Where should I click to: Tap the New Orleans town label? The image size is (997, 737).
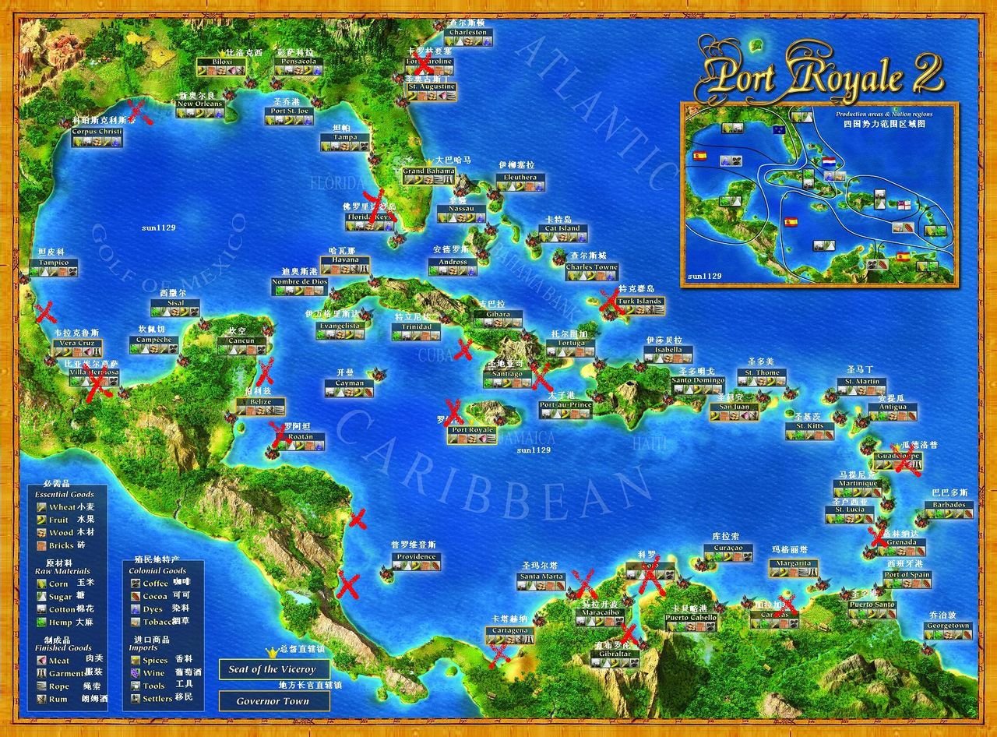pyautogui.click(x=200, y=104)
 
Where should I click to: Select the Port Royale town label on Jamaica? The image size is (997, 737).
pyautogui.click(x=472, y=430)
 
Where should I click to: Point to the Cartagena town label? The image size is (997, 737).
pyautogui.click(x=510, y=629)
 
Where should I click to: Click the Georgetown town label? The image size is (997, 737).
pyautogui.click(x=948, y=626)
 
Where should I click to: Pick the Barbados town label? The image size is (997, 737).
pyautogui.click(x=949, y=505)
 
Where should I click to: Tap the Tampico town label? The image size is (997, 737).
pyautogui.click(x=54, y=263)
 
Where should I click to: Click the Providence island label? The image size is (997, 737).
pyautogui.click(x=416, y=557)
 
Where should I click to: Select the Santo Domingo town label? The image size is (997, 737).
pyautogui.click(x=698, y=381)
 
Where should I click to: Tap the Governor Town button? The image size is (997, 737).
pyautogui.click(x=274, y=701)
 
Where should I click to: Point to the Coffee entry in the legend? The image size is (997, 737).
pyautogui.click(x=155, y=583)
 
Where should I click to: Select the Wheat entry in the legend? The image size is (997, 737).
pyautogui.click(x=62, y=507)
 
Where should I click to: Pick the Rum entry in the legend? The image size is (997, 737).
pyautogui.click(x=59, y=699)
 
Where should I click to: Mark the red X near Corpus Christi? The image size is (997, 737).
pyautogui.click(x=140, y=111)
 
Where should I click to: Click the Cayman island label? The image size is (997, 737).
pyautogui.click(x=350, y=383)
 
